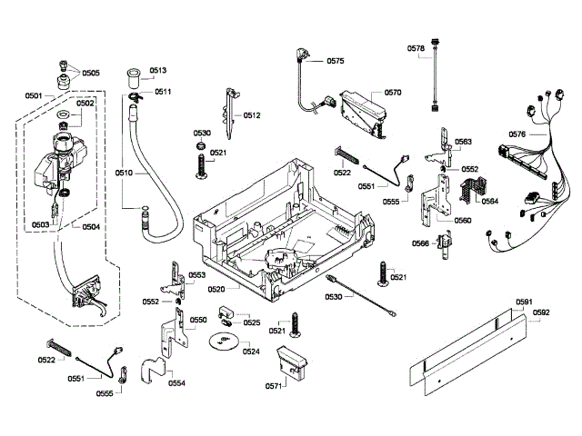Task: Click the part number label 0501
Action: point(34,95)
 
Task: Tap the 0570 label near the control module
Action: point(393,93)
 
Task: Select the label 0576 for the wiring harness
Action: point(517,134)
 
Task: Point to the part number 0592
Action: point(542,313)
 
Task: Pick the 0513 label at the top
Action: point(158,71)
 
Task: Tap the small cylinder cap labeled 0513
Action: point(135,74)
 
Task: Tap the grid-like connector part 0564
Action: point(470,191)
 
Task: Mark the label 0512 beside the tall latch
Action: point(252,115)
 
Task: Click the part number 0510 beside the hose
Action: point(124,172)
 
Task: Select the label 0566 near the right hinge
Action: point(420,243)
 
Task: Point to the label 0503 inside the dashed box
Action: point(41,224)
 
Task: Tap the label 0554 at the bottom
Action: point(176,383)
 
